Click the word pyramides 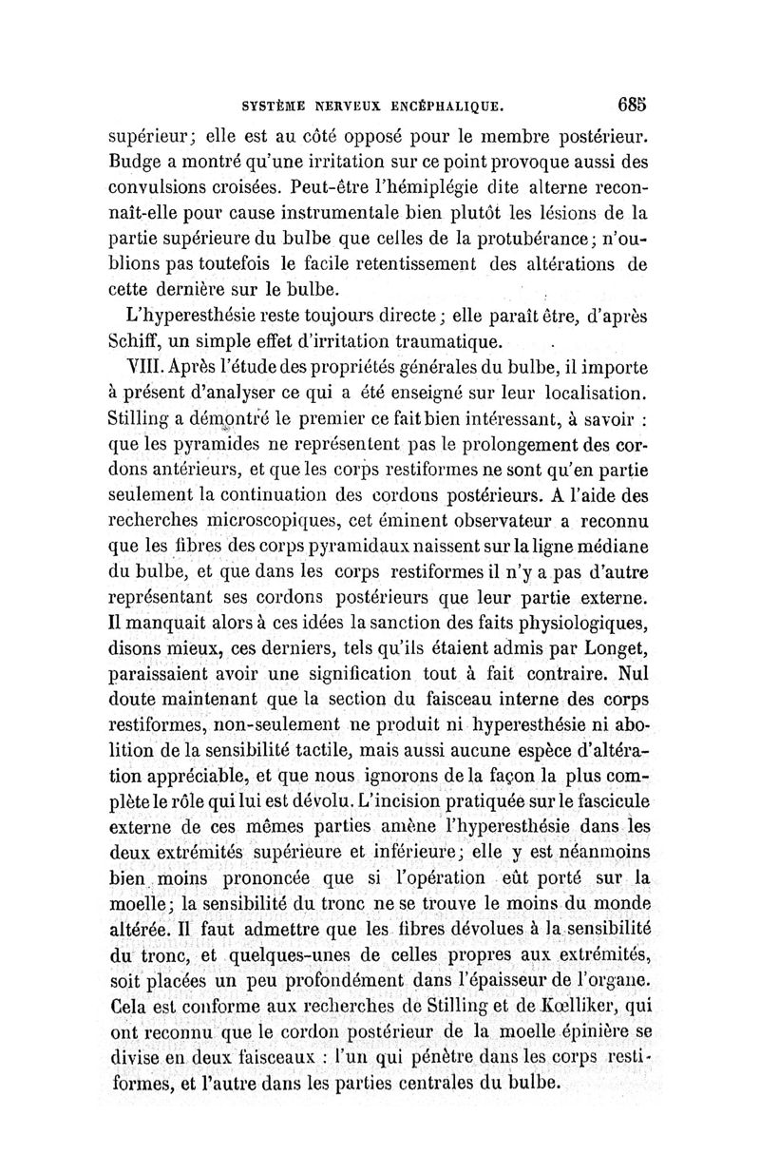click(214, 445)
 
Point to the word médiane click(604, 549)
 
